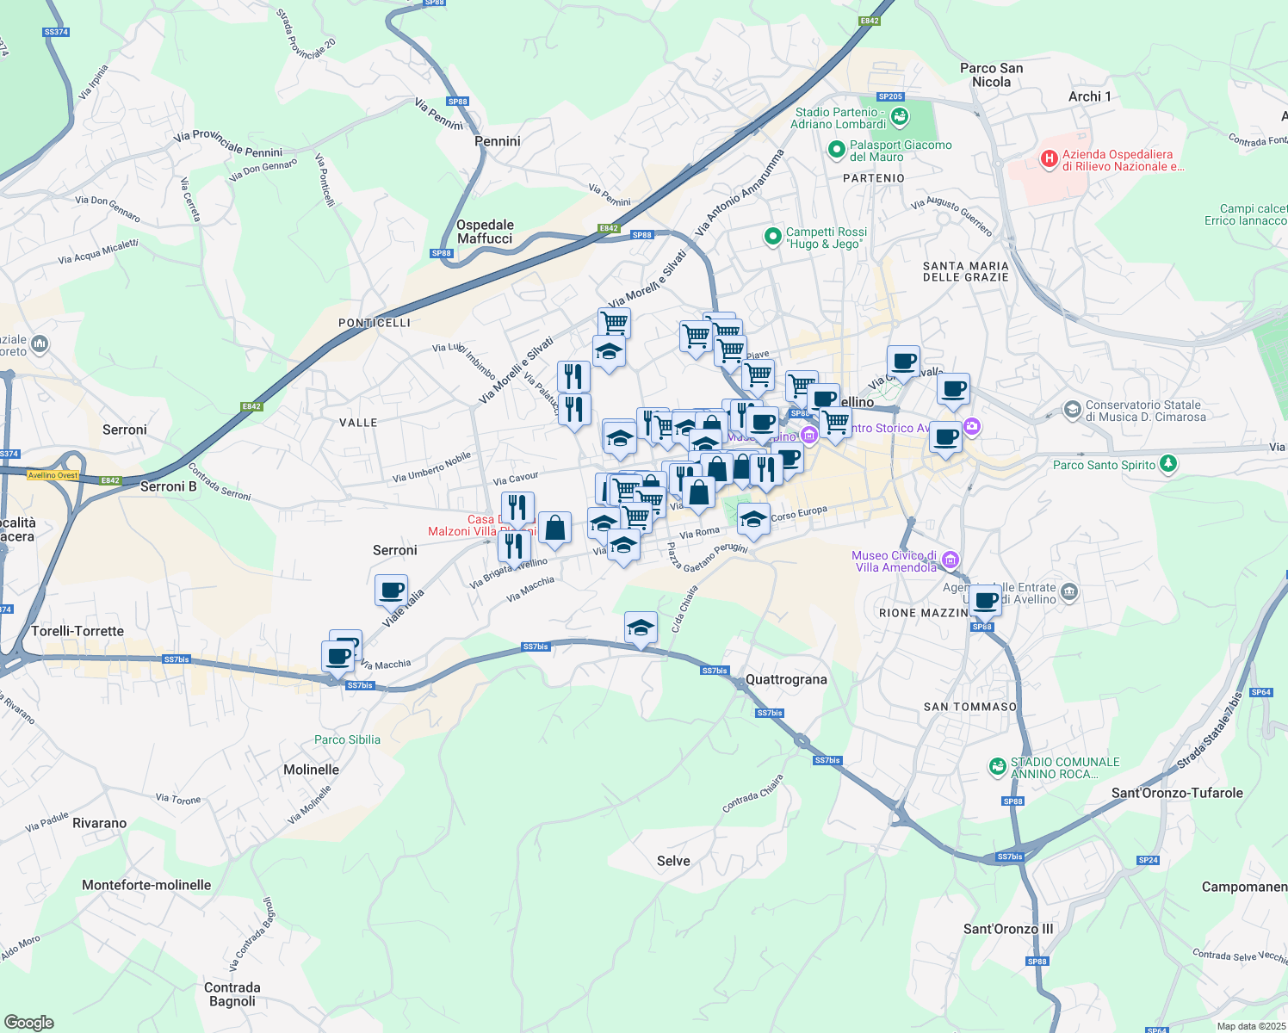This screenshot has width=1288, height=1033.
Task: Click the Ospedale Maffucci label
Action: (x=485, y=232)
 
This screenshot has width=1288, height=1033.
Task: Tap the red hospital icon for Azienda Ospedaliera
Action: (x=1049, y=158)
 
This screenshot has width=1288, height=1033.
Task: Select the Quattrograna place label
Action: (x=786, y=679)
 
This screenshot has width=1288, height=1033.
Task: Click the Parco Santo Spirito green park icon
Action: (x=1167, y=464)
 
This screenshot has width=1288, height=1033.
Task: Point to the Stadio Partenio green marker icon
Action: (x=900, y=116)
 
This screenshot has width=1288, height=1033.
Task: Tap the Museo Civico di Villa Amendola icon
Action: (x=950, y=560)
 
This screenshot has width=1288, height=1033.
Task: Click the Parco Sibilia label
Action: (x=347, y=739)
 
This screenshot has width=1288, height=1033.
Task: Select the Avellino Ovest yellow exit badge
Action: (x=53, y=475)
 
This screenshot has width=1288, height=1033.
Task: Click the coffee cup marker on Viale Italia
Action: (x=392, y=591)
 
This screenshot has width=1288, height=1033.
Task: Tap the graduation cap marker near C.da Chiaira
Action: (x=641, y=628)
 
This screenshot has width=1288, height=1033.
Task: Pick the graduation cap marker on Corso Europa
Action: (x=753, y=519)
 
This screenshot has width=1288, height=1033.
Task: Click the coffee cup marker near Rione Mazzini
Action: (x=985, y=600)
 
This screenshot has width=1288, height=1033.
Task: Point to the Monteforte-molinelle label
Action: (x=146, y=885)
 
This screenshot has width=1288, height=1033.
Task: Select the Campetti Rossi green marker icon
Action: (x=773, y=236)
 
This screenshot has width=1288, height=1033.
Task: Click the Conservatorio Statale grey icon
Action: (x=1072, y=409)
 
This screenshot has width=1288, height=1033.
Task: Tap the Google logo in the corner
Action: (x=29, y=1022)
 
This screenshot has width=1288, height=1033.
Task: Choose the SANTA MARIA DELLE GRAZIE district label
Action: (x=965, y=271)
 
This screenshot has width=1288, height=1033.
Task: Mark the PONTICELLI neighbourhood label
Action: (x=374, y=323)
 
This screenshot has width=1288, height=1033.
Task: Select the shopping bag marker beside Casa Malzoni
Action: (x=554, y=528)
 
